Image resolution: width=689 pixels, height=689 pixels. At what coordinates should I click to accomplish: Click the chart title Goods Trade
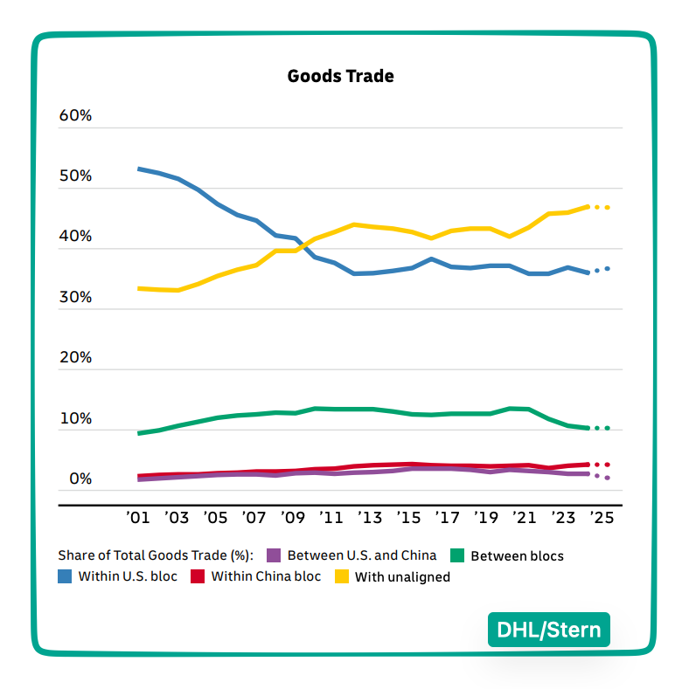pyautogui.click(x=340, y=76)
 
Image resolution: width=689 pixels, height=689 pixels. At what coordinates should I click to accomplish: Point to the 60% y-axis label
pyautogui.click(x=75, y=116)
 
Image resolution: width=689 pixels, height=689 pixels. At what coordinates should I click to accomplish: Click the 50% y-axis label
pyautogui.click(x=75, y=176)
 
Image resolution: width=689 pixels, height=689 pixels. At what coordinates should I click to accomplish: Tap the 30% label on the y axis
pyautogui.click(x=75, y=298)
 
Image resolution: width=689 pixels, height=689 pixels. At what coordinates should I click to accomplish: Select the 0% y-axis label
pyautogui.click(x=80, y=479)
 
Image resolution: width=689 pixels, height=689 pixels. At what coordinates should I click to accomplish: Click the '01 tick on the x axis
pyautogui.click(x=138, y=518)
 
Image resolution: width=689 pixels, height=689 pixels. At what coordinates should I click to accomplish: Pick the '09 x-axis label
pyautogui.click(x=292, y=518)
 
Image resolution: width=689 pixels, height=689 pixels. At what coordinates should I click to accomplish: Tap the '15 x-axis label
pyautogui.click(x=407, y=518)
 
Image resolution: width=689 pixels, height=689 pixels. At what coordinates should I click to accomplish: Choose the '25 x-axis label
pyautogui.click(x=601, y=518)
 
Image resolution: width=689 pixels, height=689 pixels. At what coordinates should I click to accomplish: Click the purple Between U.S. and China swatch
pyautogui.click(x=273, y=555)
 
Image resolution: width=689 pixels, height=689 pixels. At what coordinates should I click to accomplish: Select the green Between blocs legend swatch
pyautogui.click(x=456, y=555)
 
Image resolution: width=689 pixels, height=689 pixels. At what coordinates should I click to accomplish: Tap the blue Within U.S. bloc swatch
pyautogui.click(x=65, y=576)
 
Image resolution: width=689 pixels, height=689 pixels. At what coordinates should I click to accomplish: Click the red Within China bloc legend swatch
pyautogui.click(x=198, y=576)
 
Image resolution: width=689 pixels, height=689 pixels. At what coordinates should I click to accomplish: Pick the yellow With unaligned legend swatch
pyautogui.click(x=341, y=576)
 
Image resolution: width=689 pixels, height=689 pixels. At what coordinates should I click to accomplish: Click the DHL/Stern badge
pyautogui.click(x=548, y=630)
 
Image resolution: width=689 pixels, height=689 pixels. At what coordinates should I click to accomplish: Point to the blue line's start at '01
pyautogui.click(x=139, y=169)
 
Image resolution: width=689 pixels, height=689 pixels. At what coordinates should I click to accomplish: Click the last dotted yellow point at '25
pyautogui.click(x=607, y=207)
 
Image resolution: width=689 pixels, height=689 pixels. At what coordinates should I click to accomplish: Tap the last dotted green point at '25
pyautogui.click(x=607, y=428)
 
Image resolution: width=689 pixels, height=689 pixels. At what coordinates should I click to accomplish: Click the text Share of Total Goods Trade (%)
pyautogui.click(x=156, y=555)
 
